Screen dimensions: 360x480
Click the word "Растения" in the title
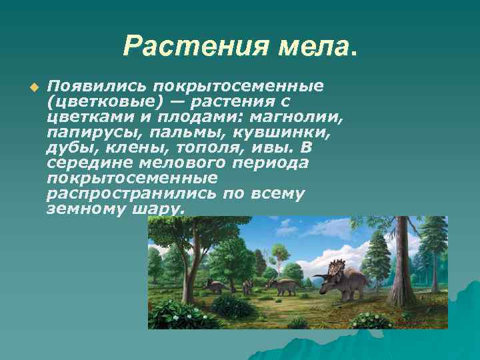(x=175, y=46)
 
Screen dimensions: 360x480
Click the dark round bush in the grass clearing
(x=233, y=307)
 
